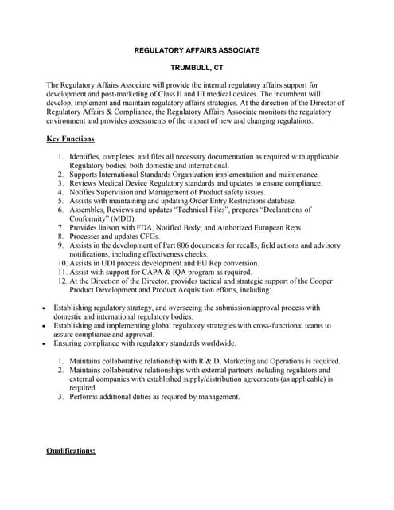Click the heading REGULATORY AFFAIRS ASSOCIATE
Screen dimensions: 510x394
pos(196,50)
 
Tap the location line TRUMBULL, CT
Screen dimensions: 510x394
pos(196,68)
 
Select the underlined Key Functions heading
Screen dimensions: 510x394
pos(71,139)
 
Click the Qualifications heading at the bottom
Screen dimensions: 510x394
pos(71,451)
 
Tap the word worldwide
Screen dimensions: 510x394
pos(217,343)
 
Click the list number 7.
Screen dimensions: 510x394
pos(60,227)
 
